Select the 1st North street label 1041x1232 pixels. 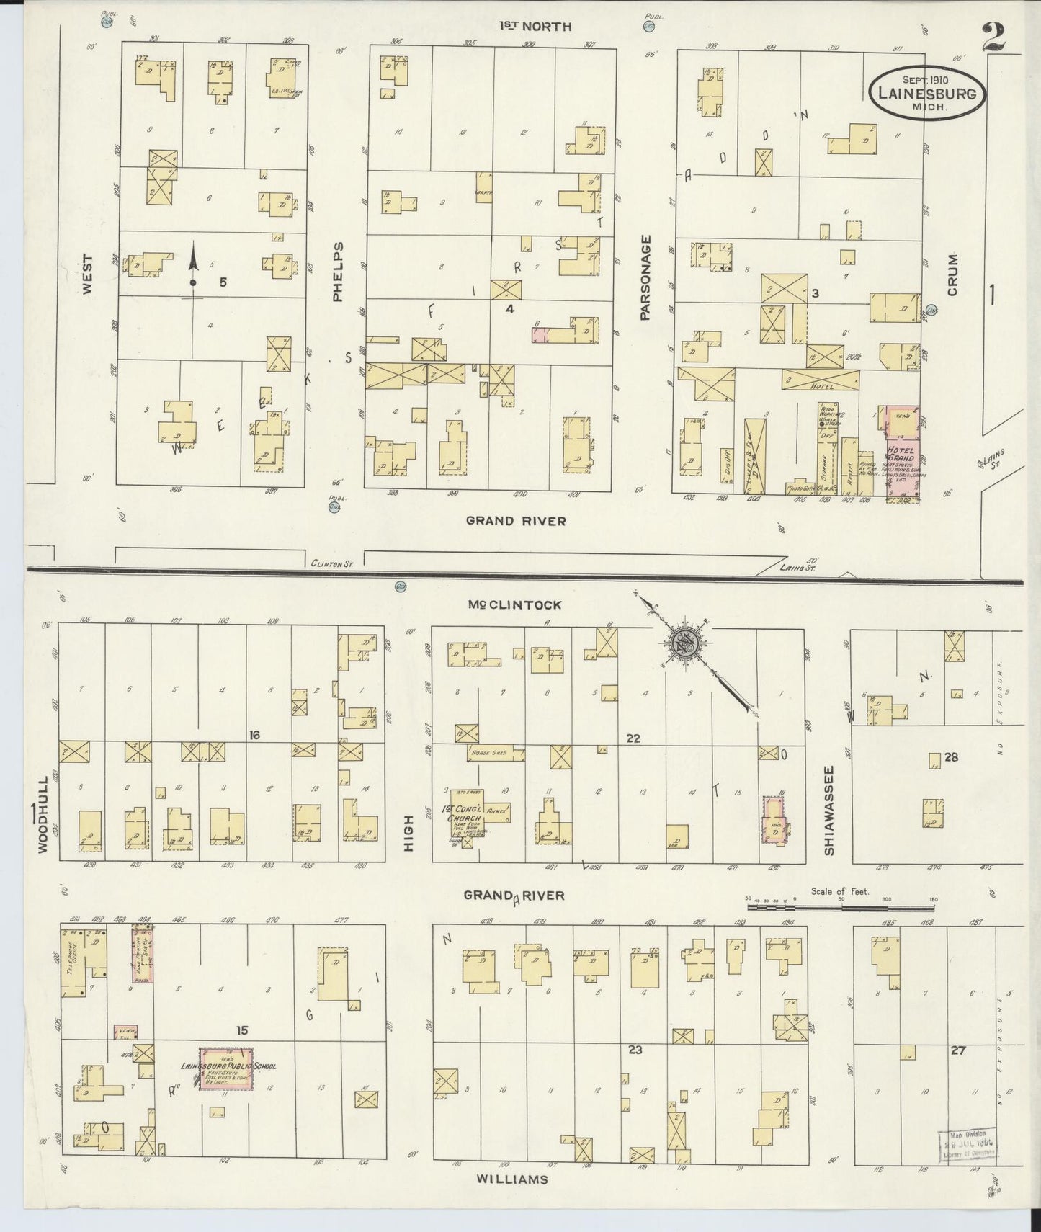click(x=536, y=27)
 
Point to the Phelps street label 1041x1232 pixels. click(x=339, y=271)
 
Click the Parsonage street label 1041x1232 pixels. click(x=645, y=277)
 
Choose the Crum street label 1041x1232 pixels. click(x=952, y=274)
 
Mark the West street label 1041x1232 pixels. click(x=87, y=273)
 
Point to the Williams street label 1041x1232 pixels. click(x=511, y=1179)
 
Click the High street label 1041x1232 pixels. click(x=408, y=834)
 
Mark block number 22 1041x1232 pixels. click(x=633, y=738)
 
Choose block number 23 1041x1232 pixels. click(x=634, y=1050)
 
